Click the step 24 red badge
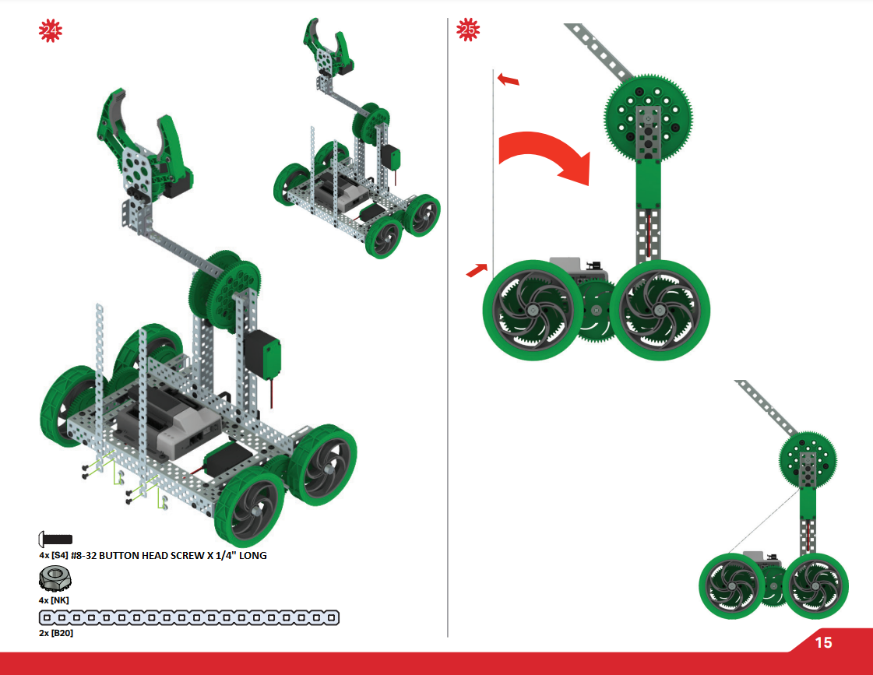[x=51, y=31]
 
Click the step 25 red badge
[x=468, y=31]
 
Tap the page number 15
[x=823, y=642]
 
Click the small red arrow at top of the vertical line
[x=508, y=79]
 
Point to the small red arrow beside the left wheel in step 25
[x=476, y=270]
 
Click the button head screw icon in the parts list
[x=55, y=539]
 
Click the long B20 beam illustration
[x=189, y=617]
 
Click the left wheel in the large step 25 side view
[x=533, y=309]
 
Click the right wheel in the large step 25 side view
[x=660, y=308]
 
